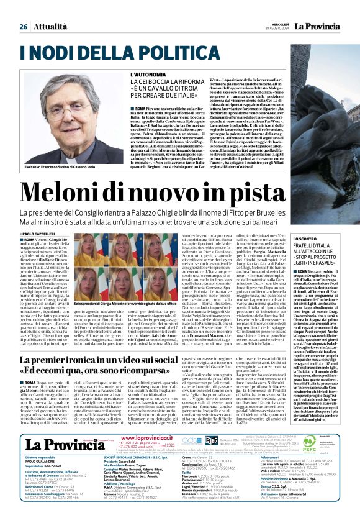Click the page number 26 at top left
point(23,27)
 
